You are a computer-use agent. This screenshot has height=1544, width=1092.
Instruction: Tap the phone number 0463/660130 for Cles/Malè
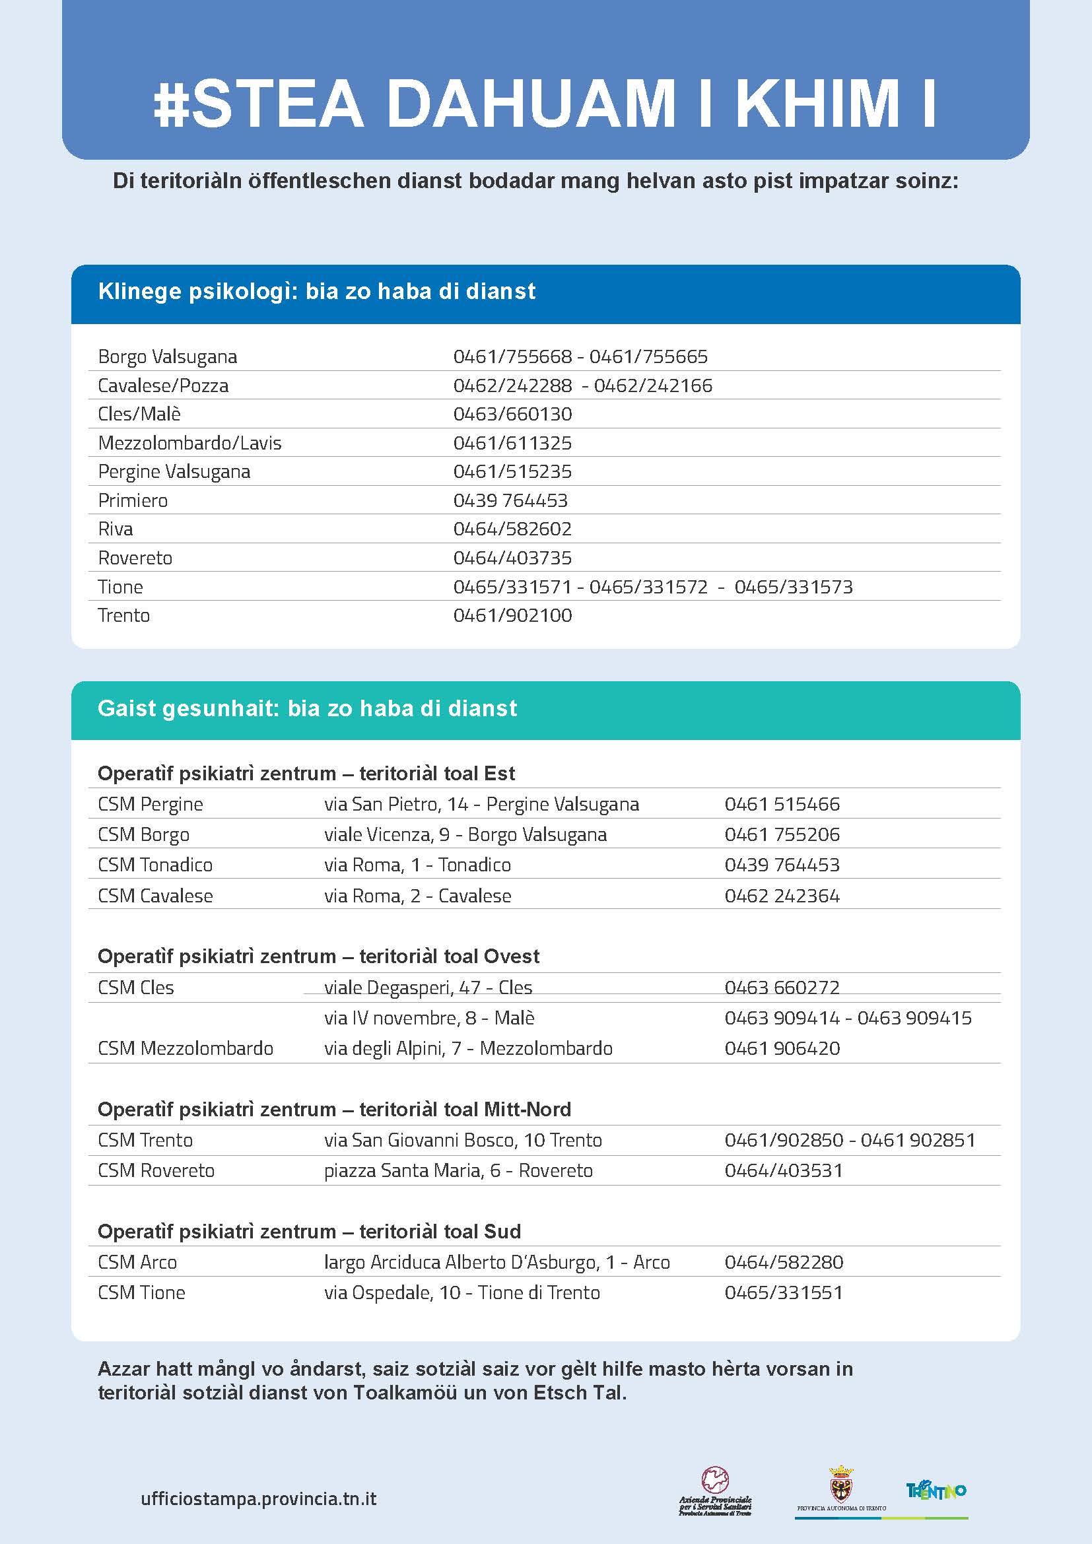[512, 414]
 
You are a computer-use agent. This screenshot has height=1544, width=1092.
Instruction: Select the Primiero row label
[133, 500]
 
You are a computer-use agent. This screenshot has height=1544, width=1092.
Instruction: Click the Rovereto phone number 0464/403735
[512, 558]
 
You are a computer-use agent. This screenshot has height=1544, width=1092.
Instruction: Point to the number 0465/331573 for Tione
[794, 587]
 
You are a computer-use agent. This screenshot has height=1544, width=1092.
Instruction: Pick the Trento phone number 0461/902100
[512, 615]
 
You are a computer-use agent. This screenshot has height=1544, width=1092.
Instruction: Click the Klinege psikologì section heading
[317, 291]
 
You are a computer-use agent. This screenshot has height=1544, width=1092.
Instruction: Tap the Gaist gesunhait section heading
[307, 709]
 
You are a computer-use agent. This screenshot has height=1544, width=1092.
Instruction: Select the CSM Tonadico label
[155, 865]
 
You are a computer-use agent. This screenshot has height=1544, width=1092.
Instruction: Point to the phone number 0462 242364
[782, 896]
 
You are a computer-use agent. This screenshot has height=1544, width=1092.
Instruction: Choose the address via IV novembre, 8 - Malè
[429, 1018]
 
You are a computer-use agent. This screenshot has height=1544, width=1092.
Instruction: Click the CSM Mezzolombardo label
[186, 1048]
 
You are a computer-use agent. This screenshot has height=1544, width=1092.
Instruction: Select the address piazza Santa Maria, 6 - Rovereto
[458, 1171]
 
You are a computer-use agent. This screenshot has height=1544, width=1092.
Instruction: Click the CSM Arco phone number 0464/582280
[784, 1262]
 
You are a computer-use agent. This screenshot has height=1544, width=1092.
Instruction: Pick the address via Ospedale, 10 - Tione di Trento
[462, 1292]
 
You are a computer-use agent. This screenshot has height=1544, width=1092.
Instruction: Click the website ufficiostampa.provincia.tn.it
[259, 1499]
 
